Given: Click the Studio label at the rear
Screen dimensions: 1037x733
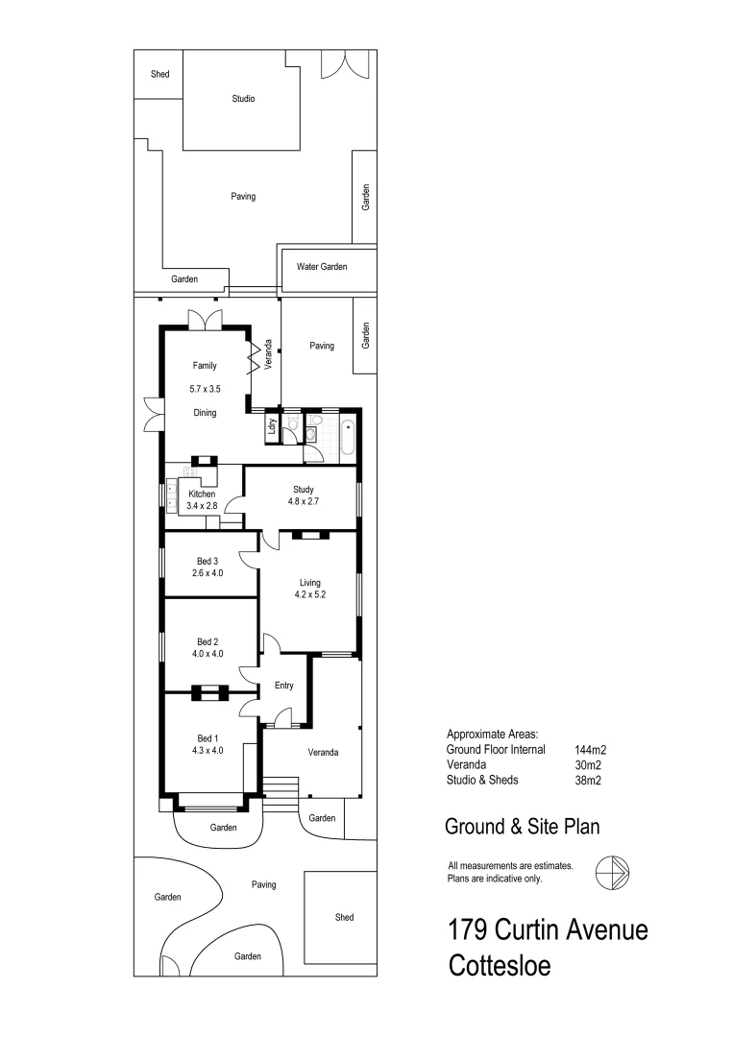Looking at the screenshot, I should [243, 98].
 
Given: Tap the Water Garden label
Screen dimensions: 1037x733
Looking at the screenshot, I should [322, 266].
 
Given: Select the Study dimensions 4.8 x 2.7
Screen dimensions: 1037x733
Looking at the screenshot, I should [304, 500].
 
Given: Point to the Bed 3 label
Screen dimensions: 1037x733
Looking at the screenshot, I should [208, 561].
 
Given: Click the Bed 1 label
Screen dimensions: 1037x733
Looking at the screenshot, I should [208, 737].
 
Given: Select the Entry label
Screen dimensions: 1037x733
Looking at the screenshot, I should [283, 686].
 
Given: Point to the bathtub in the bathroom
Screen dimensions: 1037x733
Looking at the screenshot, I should [346, 436].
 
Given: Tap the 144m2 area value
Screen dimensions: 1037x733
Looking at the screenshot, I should [589, 749].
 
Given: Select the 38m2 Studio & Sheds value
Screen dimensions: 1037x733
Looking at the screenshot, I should [586, 780].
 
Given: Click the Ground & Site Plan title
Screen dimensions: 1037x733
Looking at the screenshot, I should [523, 826].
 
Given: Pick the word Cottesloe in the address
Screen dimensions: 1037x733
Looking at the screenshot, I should [500, 965].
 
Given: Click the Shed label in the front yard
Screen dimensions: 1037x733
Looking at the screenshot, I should [344, 917].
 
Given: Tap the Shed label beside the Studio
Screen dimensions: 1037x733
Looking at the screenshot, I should [159, 74].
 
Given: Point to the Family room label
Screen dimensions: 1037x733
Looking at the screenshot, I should [205, 365].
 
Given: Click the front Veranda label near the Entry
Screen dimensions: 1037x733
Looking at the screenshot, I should [323, 752].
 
